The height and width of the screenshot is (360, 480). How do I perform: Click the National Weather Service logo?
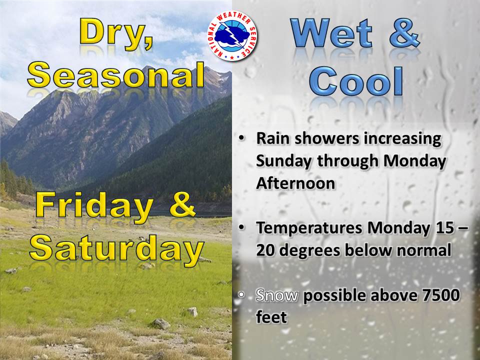pyautogui.click(x=232, y=36)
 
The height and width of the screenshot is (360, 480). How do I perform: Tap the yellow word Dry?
pyautogui.click(x=116, y=33)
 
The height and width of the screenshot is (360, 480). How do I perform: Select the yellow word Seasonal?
pyautogui.click(x=116, y=75)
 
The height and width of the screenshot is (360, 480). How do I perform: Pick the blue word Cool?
pyautogui.click(x=356, y=80)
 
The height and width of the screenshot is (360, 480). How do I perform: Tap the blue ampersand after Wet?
pyautogui.click(x=404, y=33)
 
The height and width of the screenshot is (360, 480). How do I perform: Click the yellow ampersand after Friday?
pyautogui.click(x=182, y=205)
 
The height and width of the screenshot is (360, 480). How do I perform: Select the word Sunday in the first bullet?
pyautogui.click(x=283, y=161)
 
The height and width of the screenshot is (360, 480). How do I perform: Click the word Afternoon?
pyautogui.click(x=295, y=183)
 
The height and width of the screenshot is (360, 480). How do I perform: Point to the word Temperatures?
pyautogui.click(x=309, y=228)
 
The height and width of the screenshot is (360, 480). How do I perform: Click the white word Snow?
pyautogui.click(x=277, y=295)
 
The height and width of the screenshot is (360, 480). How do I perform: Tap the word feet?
pyautogui.click(x=271, y=317)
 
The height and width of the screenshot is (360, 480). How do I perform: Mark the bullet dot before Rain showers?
pyautogui.click(x=242, y=138)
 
